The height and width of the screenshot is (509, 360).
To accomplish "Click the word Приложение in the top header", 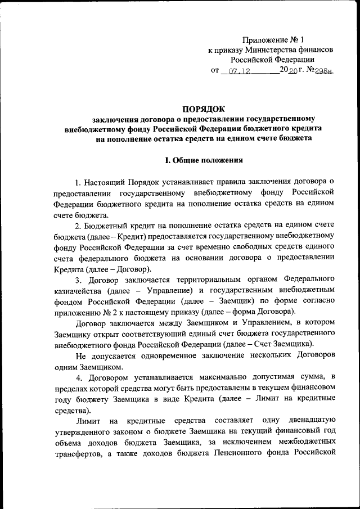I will [x=264, y=40].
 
